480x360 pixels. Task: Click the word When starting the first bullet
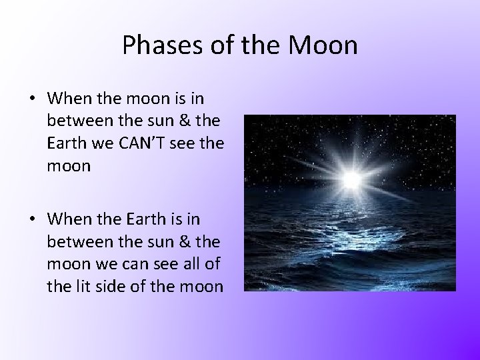point(67,98)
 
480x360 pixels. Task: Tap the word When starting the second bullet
point(67,219)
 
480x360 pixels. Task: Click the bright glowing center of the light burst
point(351,179)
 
